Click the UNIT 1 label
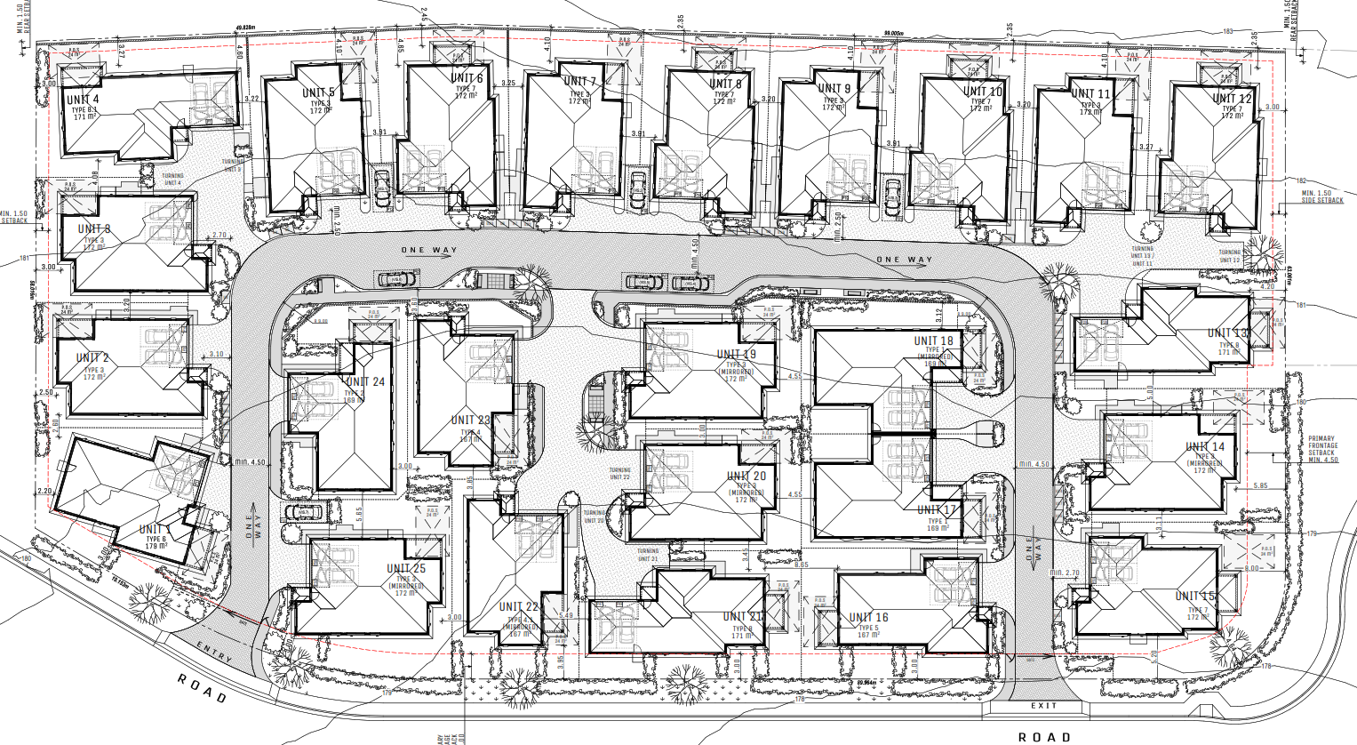pyautogui.click(x=155, y=530)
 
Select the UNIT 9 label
pyautogui.click(x=834, y=89)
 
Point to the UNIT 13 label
pyautogui.click(x=1229, y=333)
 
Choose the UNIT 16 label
pyautogui.click(x=868, y=618)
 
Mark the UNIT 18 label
pyautogui.click(x=933, y=341)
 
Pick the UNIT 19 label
pyautogui.click(x=736, y=355)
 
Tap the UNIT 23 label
pyautogui.click(x=470, y=421)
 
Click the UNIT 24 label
pyautogui.click(x=365, y=382)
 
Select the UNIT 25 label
pyautogui.click(x=406, y=569)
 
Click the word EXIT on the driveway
pyautogui.click(x=1044, y=706)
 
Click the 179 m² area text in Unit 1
pyautogui.click(x=156, y=547)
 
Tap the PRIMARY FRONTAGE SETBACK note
pyautogui.click(x=1321, y=449)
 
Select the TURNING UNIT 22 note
pyautogui.click(x=619, y=474)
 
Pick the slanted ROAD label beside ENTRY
pyautogui.click(x=202, y=688)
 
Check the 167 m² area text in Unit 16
pyautogui.click(x=867, y=635)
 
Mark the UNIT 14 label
pyautogui.click(x=1204, y=447)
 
